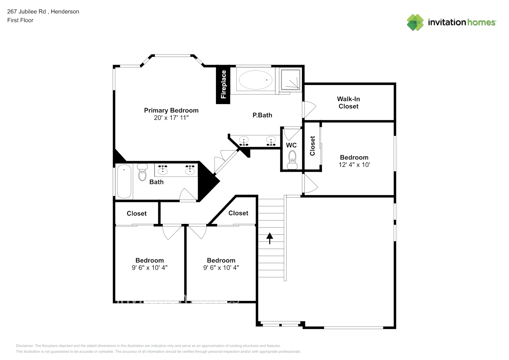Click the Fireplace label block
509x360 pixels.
(223, 85)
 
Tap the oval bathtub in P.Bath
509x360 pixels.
(256, 80)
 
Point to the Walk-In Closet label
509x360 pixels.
(348, 103)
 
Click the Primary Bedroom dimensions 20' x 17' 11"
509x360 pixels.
(171, 118)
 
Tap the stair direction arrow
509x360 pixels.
(270, 238)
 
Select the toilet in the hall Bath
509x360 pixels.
(142, 172)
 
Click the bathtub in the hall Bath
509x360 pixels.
(124, 181)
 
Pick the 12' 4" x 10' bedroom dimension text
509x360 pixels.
(354, 165)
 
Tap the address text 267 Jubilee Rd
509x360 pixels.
(27, 12)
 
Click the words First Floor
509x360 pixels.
(20, 20)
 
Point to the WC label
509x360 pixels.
(291, 145)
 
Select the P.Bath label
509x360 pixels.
(262, 115)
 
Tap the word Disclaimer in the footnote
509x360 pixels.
(24, 346)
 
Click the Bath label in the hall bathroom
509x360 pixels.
(156, 182)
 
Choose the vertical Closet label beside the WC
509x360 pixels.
(312, 146)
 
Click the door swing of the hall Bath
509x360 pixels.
(188, 194)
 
